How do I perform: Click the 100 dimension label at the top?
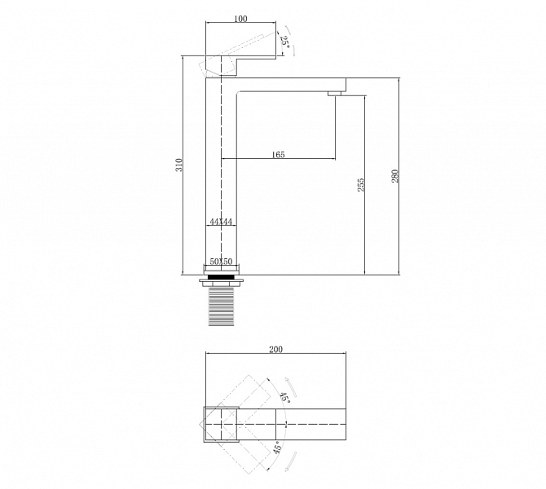[x=240, y=19]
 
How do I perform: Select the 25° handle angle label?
[x=285, y=42]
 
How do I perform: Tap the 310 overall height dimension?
[x=179, y=165]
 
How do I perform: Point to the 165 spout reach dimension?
[x=278, y=154]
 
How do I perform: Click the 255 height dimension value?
[x=361, y=185]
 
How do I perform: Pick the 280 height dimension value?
[x=394, y=177]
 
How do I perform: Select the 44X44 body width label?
[x=221, y=222]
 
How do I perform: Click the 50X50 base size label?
[x=221, y=262]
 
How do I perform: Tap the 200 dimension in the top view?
[x=275, y=349]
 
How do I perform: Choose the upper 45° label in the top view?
[x=285, y=398]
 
